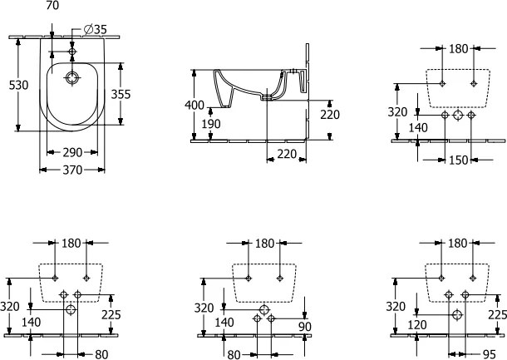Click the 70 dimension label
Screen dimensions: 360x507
pos(52,6)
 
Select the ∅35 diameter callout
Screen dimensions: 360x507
pos(96,30)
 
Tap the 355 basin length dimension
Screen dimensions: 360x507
pos(121,94)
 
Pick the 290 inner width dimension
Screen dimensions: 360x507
pos(71,154)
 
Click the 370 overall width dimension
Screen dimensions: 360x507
pos(72,170)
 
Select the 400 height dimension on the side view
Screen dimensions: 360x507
pos(193,106)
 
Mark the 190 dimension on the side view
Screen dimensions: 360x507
pos(211,125)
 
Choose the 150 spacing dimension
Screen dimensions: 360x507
pos(458,160)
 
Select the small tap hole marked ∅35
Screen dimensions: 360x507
pos(73,52)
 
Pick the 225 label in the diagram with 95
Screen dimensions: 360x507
pos(497,314)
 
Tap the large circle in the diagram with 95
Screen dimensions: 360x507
pos(456,316)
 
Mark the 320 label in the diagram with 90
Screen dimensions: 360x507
pos(204,306)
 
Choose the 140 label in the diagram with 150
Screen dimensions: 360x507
pos(418,127)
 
